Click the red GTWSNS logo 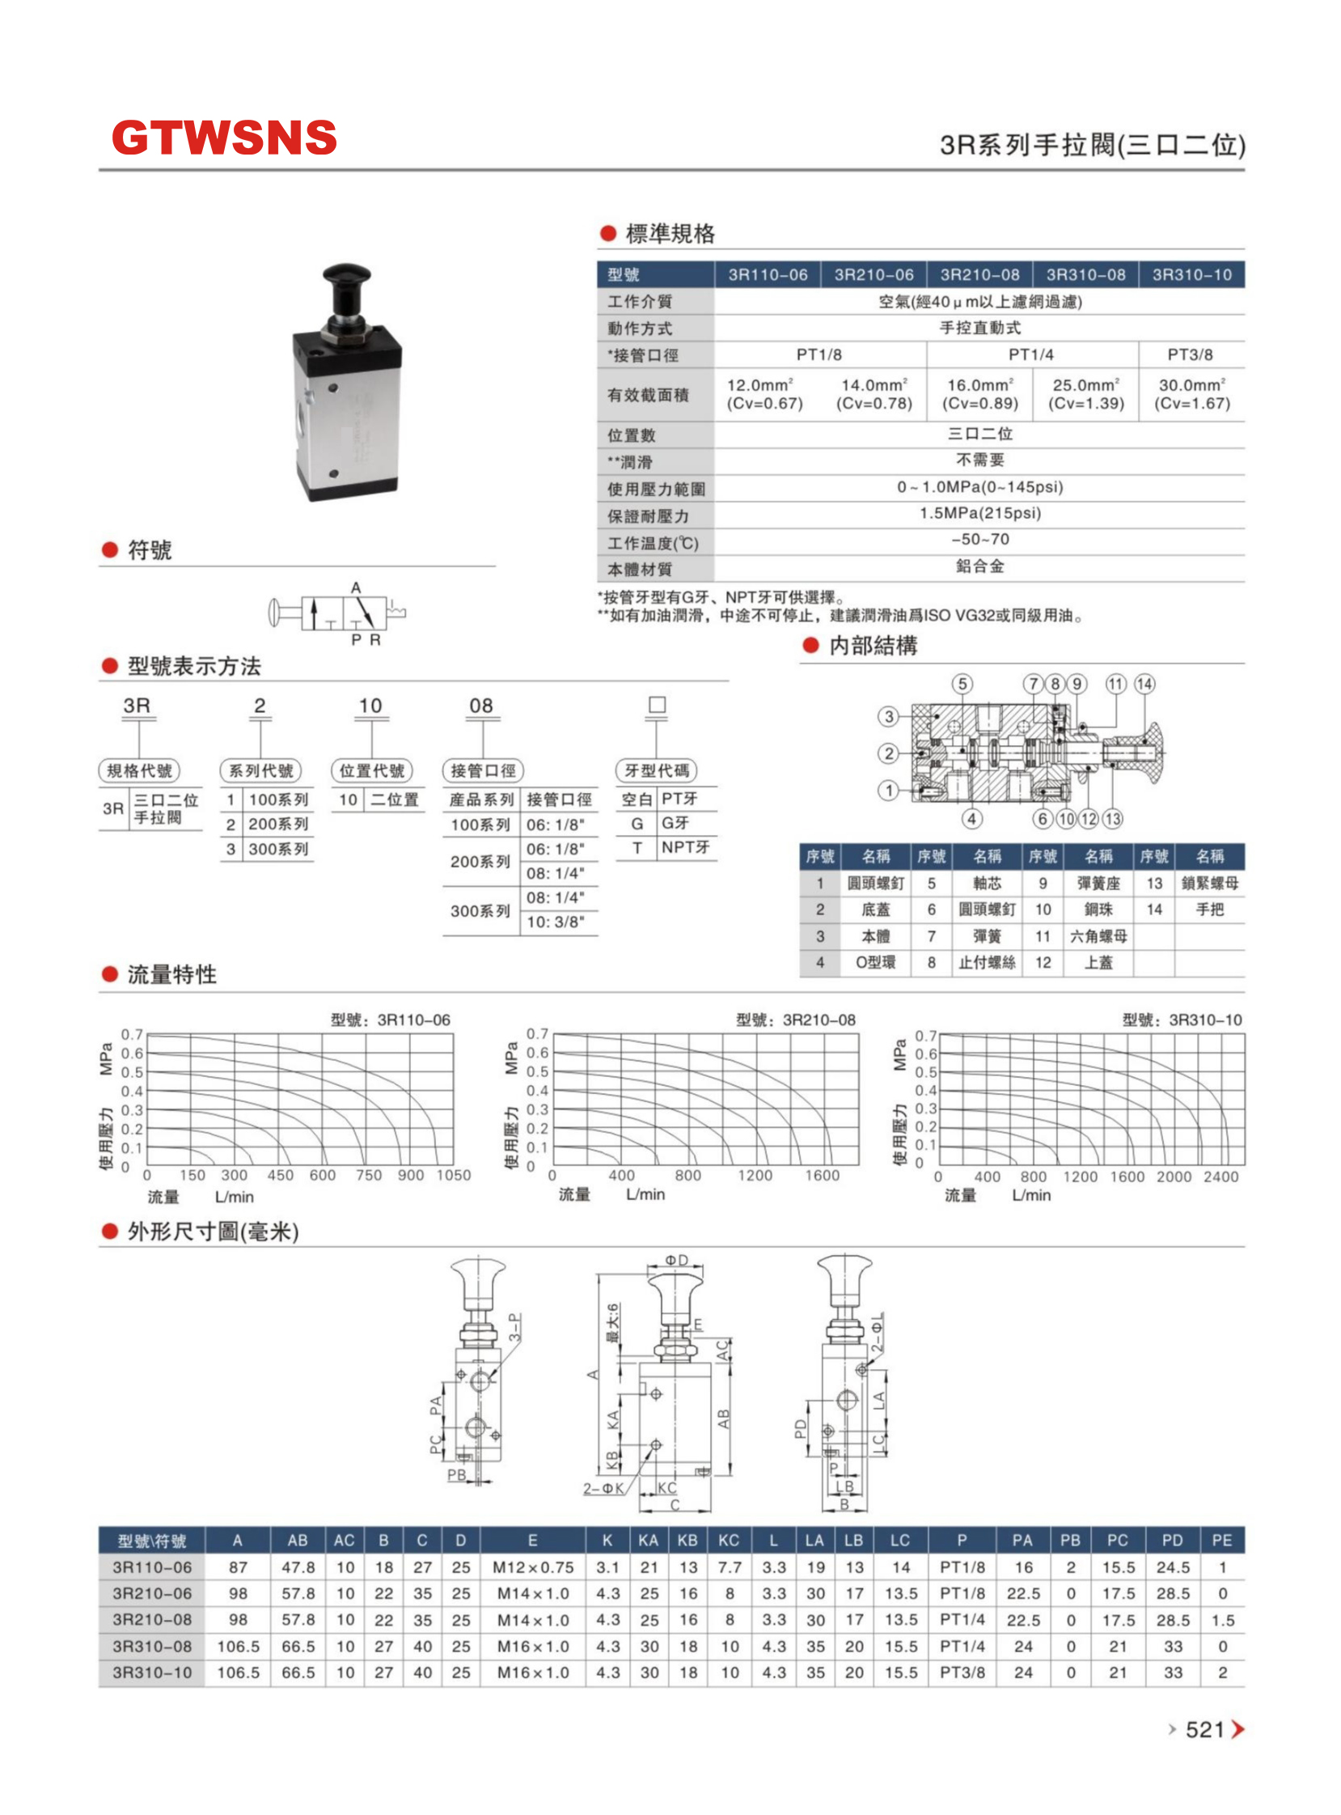coord(224,138)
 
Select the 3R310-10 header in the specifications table coord(1191,274)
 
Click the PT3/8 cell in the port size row coord(1190,354)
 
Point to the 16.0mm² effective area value coord(979,385)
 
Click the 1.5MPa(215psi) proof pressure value coord(979,513)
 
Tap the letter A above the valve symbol coord(356,587)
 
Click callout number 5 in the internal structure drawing coord(962,684)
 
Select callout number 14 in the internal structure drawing coord(1144,684)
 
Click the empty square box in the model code coord(658,705)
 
